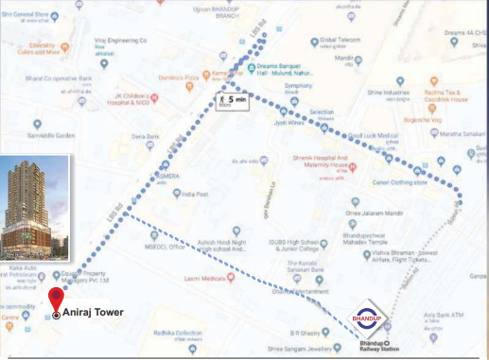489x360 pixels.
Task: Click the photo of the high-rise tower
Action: point(35,211)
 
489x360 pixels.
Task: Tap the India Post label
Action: point(195,196)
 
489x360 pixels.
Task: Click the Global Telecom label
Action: point(341,41)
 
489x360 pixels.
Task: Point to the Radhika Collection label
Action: point(180,333)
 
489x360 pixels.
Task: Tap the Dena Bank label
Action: point(146,137)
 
